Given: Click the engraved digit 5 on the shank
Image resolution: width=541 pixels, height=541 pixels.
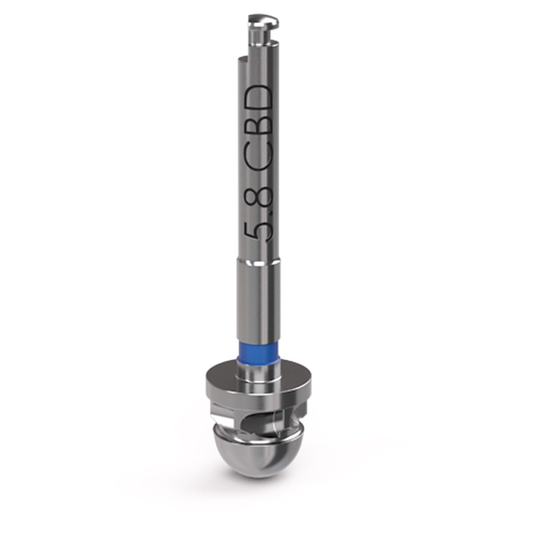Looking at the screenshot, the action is tap(259, 233).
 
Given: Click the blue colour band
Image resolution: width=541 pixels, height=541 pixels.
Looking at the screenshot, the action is tap(259, 353).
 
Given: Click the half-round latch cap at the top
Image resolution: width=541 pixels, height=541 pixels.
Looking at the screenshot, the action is tap(263, 21).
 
